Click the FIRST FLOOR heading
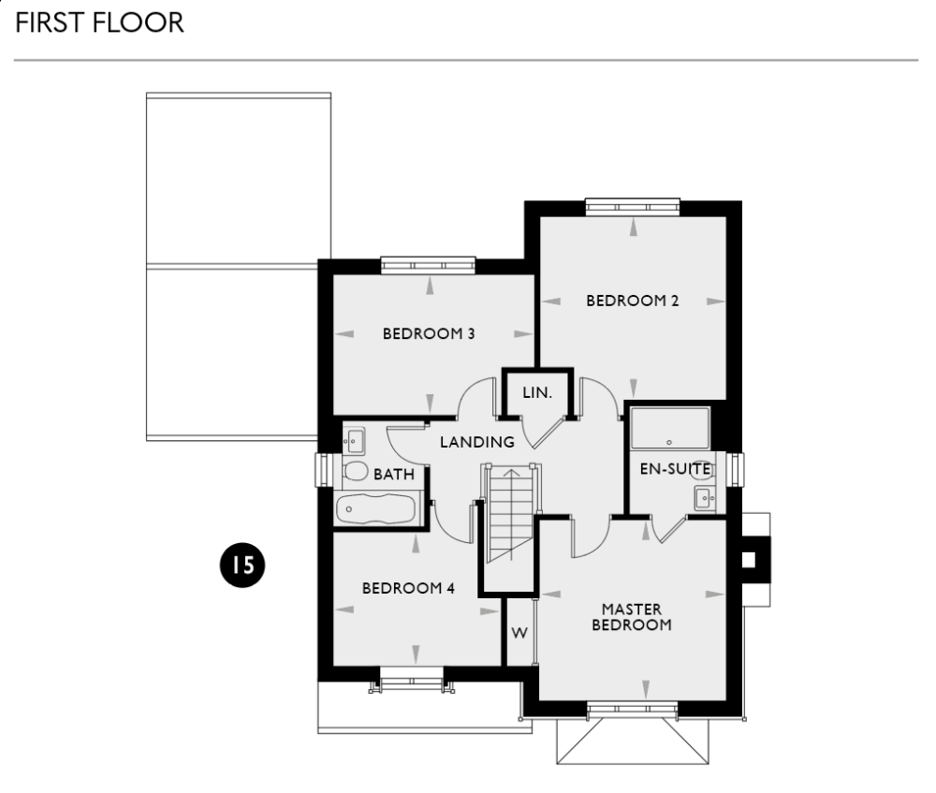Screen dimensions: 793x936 (98, 23)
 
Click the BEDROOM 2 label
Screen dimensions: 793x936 (632, 301)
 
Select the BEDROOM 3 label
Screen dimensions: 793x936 (429, 333)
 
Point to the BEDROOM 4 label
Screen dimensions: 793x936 (408, 588)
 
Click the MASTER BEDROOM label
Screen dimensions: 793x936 (632, 617)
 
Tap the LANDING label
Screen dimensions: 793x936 (477, 442)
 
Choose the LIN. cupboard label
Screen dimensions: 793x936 (537, 393)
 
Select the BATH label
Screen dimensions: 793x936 (394, 475)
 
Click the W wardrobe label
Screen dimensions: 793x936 (519, 633)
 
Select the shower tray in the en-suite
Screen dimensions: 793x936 (670, 428)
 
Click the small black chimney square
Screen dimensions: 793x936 (748, 560)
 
